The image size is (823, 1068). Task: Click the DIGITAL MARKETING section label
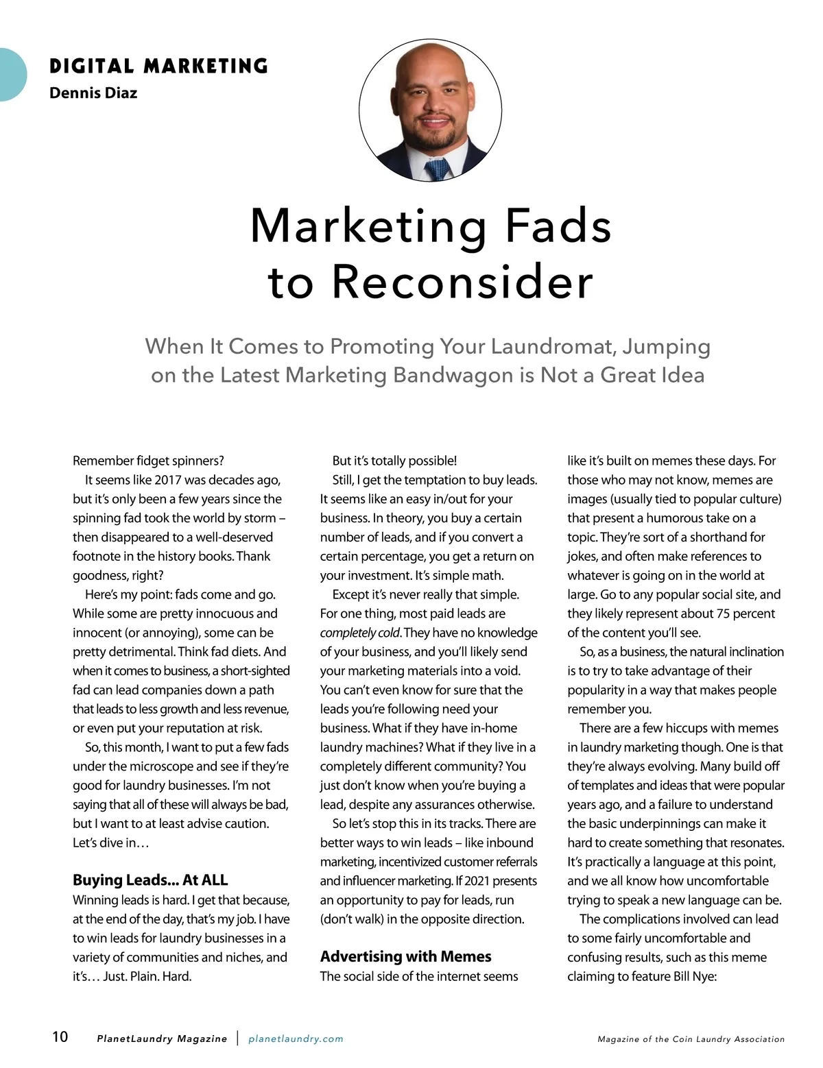[158, 66]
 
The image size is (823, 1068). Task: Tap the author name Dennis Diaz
[93, 93]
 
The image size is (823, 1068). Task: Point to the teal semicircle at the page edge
[11, 75]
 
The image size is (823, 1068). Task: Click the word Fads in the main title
[558, 226]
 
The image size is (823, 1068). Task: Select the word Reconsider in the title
[463, 282]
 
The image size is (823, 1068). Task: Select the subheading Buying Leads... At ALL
[150, 880]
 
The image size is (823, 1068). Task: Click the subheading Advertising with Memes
[405, 956]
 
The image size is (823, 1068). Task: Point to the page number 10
[60, 1036]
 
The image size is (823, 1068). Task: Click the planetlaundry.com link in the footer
[296, 1039]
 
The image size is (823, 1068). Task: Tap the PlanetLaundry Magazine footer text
[162, 1039]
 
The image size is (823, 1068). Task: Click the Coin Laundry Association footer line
[691, 1039]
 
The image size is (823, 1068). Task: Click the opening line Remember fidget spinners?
[148, 461]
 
